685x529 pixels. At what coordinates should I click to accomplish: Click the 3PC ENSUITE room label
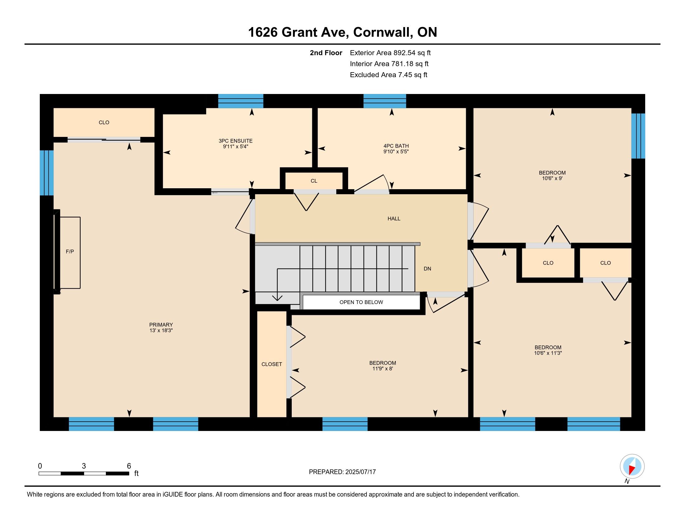236,141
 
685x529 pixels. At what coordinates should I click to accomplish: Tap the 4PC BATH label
396,146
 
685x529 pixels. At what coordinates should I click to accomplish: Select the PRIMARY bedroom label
161,325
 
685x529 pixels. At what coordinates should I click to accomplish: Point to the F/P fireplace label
70,251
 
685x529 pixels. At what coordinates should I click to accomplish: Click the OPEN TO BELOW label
361,302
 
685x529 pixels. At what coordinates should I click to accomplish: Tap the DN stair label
427,269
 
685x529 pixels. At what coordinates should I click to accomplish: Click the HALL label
394,218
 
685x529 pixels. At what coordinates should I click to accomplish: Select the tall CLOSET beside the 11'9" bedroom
272,364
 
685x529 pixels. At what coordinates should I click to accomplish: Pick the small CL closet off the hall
314,180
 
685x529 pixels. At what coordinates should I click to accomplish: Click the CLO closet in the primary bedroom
104,123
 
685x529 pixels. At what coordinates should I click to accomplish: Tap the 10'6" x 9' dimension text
552,178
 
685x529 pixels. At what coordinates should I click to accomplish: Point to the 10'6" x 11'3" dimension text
548,353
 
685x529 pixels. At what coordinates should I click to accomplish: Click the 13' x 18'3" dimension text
161,330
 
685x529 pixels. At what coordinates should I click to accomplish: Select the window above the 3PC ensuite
241,101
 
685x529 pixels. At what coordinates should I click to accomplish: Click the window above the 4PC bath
385,101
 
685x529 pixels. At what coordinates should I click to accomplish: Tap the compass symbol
632,466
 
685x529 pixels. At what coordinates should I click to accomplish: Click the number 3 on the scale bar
84,466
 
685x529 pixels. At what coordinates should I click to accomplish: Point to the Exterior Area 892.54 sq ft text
390,53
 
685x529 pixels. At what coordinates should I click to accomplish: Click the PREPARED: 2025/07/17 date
342,472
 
